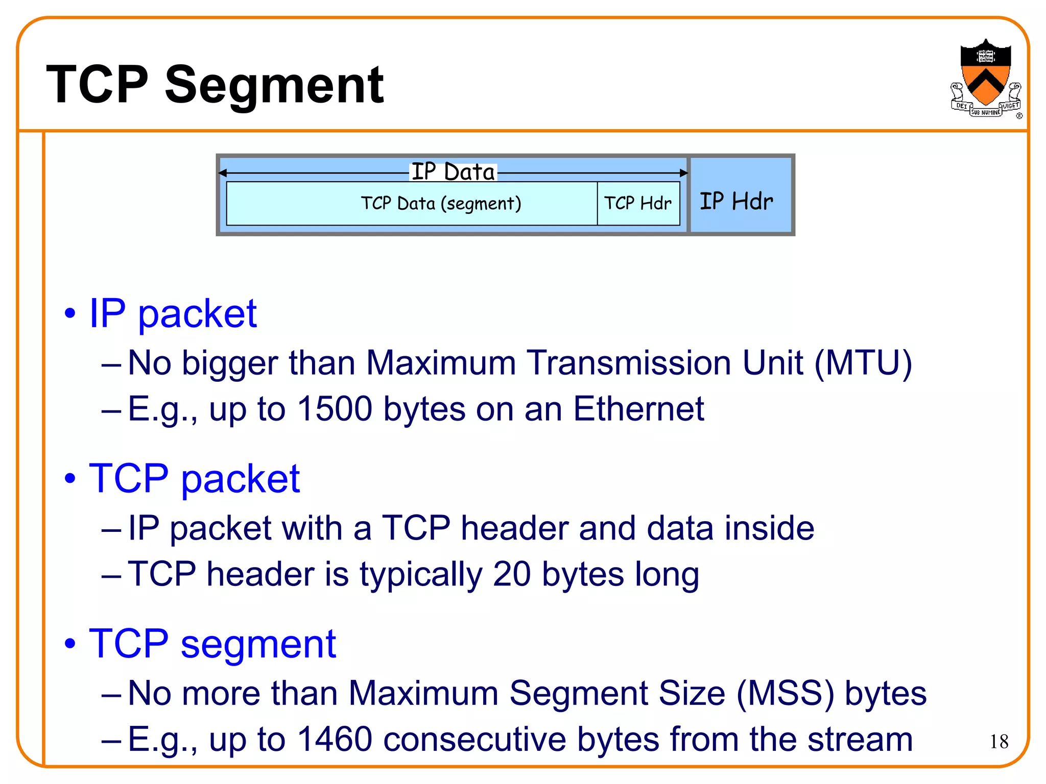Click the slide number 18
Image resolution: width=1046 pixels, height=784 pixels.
click(x=999, y=742)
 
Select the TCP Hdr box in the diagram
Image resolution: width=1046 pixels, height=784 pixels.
click(x=638, y=203)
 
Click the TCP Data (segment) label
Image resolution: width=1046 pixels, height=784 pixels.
click(x=441, y=203)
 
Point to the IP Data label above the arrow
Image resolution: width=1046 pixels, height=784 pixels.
click(x=453, y=171)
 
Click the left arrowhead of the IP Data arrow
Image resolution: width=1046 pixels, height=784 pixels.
click(x=223, y=173)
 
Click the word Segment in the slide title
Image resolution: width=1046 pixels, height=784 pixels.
click(x=274, y=86)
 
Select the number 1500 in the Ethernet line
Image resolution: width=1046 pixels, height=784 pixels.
click(x=335, y=409)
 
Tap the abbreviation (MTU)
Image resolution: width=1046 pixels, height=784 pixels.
click(x=863, y=363)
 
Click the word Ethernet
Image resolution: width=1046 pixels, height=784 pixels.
click(x=638, y=409)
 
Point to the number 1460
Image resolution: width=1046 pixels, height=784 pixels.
click(x=335, y=739)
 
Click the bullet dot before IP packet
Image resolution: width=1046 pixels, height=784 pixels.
click(x=70, y=313)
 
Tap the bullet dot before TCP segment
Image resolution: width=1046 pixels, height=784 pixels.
click(x=70, y=644)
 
